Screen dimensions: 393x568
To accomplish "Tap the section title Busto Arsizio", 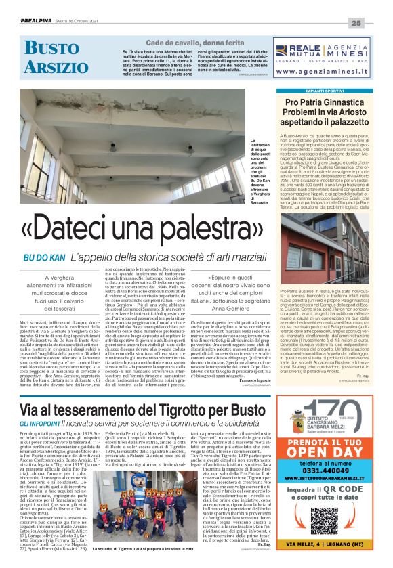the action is point(52,58).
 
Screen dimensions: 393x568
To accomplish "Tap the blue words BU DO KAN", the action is point(44,258).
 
